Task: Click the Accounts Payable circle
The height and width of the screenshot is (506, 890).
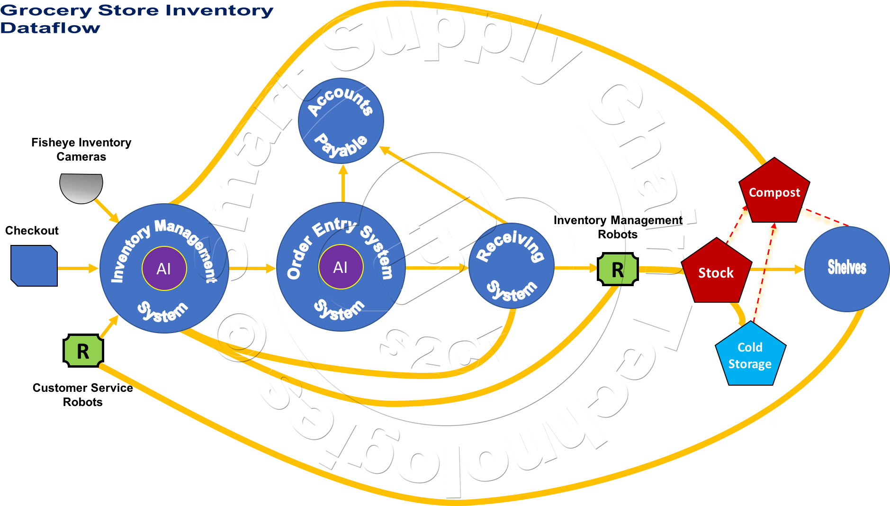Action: point(341,121)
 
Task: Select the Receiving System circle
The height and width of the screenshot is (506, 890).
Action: point(511,266)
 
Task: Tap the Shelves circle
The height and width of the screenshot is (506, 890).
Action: point(846,269)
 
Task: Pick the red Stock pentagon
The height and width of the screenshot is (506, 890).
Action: point(716,272)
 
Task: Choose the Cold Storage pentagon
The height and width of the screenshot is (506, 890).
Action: point(750,355)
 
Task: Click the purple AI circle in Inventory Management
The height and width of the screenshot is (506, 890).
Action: point(164,269)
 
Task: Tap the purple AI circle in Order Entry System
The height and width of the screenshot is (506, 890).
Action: point(341,267)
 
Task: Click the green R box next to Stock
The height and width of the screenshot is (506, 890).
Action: point(618,270)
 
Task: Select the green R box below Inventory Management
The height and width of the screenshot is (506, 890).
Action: point(83,351)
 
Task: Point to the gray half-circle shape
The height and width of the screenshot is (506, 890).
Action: point(81,186)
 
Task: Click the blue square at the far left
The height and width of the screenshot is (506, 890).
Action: point(34,266)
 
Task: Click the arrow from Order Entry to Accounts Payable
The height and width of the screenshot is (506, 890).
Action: point(343,184)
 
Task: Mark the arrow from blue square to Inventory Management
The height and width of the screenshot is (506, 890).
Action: point(78,269)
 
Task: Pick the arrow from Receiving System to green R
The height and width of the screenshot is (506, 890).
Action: point(576,268)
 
